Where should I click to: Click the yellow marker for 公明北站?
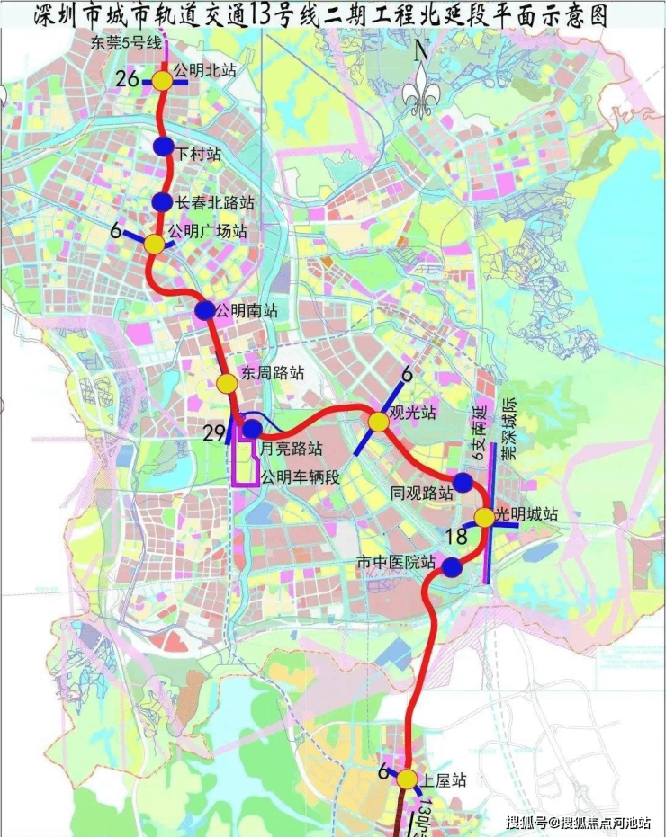click(x=162, y=81)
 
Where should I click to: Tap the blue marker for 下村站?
click(x=163, y=146)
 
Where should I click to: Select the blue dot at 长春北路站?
click(x=162, y=202)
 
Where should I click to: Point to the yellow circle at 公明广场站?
click(x=155, y=244)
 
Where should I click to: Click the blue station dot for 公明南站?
click(x=204, y=310)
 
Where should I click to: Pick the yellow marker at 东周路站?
click(x=226, y=384)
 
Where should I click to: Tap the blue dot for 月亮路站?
click(x=252, y=429)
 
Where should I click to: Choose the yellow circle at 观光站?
click(x=378, y=422)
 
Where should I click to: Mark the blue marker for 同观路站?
click(x=463, y=483)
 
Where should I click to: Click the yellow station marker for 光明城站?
click(x=483, y=518)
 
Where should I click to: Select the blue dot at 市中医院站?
click(x=452, y=566)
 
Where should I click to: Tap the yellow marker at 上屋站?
click(x=407, y=779)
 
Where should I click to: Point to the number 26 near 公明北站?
click(x=127, y=80)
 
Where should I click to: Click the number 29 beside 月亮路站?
click(x=213, y=434)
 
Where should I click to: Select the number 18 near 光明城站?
click(x=456, y=537)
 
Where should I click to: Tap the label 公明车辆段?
click(x=300, y=477)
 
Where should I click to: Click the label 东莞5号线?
click(x=125, y=43)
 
